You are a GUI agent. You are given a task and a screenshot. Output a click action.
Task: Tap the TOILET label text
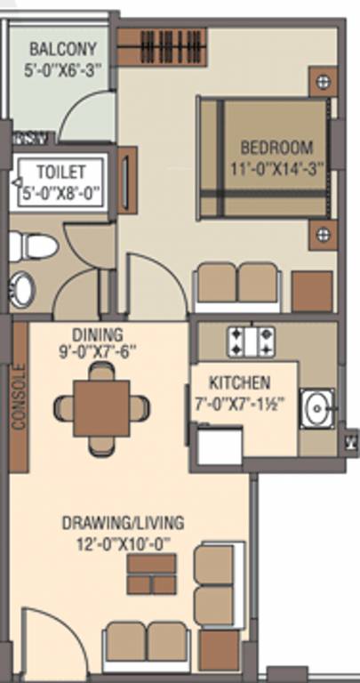pyautogui.click(x=60, y=171)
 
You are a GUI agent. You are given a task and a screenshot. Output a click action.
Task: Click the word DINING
pyautogui.click(x=92, y=335)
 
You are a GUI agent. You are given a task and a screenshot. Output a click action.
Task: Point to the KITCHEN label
pyautogui.click(x=239, y=383)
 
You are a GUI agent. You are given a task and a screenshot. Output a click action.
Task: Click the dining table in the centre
pyautogui.click(x=101, y=408)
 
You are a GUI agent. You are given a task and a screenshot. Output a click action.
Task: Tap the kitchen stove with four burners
pyautogui.click(x=252, y=338)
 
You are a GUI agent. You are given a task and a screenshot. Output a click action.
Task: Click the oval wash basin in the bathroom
pyautogui.click(x=21, y=289)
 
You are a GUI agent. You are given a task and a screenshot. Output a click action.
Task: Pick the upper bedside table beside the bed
pyautogui.click(x=323, y=84)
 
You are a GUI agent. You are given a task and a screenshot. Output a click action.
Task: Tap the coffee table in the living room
pyautogui.click(x=151, y=575)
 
